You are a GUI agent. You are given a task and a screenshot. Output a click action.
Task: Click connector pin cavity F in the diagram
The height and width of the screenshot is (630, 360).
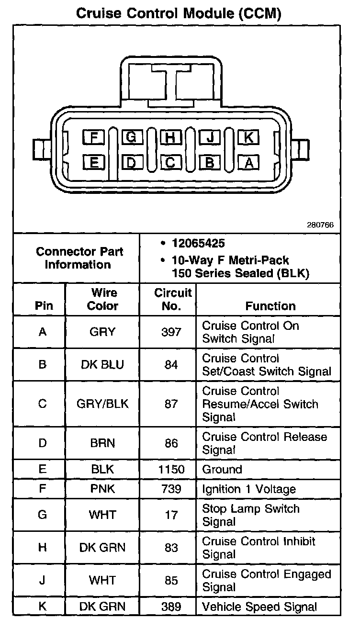coord(94,138)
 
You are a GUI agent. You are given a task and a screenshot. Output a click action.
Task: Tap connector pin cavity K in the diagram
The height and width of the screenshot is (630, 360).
coord(248,138)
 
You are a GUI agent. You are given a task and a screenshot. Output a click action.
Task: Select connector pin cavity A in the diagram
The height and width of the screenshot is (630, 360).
coord(248,163)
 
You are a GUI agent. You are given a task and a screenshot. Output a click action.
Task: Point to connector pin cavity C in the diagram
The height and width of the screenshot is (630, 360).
coord(170,163)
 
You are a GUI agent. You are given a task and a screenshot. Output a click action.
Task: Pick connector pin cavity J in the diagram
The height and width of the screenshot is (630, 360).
coord(209,138)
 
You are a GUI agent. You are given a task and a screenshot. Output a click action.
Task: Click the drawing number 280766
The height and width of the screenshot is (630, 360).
coord(320,225)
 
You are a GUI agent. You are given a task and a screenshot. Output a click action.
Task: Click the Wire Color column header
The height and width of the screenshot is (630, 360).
coord(102,299)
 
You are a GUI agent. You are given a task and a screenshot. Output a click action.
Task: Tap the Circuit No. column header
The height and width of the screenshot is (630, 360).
coord(172,299)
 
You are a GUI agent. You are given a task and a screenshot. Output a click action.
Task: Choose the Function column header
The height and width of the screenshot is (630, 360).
coord(270,306)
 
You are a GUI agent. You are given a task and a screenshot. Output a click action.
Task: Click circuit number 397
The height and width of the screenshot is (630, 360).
coord(171,332)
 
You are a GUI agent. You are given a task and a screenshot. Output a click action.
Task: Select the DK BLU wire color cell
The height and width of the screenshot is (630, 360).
coord(102,364)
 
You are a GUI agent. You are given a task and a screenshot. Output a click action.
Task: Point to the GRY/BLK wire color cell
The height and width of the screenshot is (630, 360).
coord(102,404)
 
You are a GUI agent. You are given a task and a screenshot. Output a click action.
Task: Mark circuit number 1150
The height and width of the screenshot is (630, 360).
coord(171,469)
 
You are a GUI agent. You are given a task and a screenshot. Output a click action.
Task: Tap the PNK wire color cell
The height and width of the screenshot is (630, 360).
coord(102,489)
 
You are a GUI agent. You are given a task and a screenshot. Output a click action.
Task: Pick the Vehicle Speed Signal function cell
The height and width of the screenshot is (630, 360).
coord(259,607)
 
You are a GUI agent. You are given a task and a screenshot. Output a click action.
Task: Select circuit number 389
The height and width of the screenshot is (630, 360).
coord(171,607)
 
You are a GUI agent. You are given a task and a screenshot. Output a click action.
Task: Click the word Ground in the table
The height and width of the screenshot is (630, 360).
coord(222,469)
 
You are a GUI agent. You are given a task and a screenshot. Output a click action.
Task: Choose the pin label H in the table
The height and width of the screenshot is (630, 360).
coord(43,548)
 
